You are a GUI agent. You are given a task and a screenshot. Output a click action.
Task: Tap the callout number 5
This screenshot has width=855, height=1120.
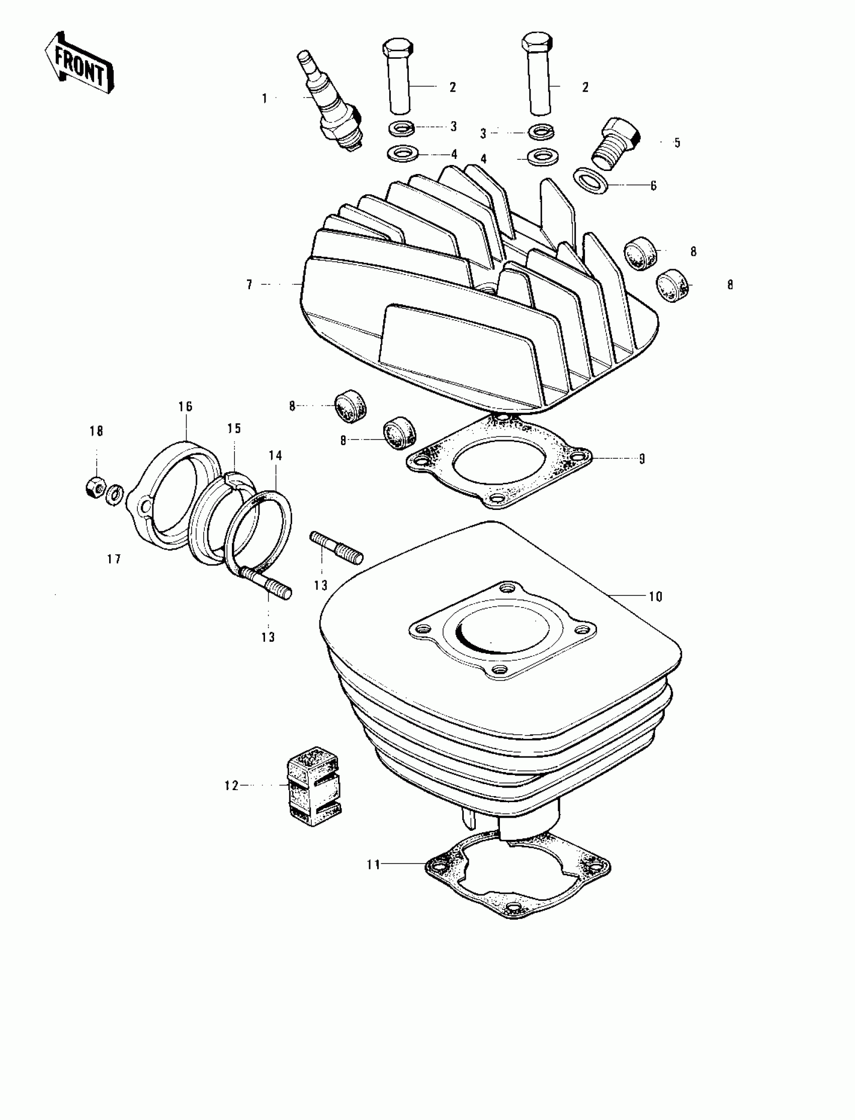(677, 143)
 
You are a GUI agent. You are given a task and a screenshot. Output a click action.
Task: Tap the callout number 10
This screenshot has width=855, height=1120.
(655, 596)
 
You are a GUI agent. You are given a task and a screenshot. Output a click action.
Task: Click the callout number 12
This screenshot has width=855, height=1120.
(231, 786)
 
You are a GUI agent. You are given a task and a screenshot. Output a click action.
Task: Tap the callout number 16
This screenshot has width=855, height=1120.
(185, 406)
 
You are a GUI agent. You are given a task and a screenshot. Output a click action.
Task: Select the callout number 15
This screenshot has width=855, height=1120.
(234, 428)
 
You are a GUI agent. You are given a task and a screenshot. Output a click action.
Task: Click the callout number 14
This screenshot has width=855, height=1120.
(275, 456)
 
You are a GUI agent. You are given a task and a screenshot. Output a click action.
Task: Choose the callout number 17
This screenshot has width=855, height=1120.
(114, 559)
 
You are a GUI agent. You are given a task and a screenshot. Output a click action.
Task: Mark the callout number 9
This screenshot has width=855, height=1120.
(642, 459)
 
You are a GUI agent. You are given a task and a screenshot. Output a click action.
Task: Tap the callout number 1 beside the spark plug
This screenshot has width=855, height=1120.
(265, 99)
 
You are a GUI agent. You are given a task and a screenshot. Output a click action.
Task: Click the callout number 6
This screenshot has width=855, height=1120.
(653, 186)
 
